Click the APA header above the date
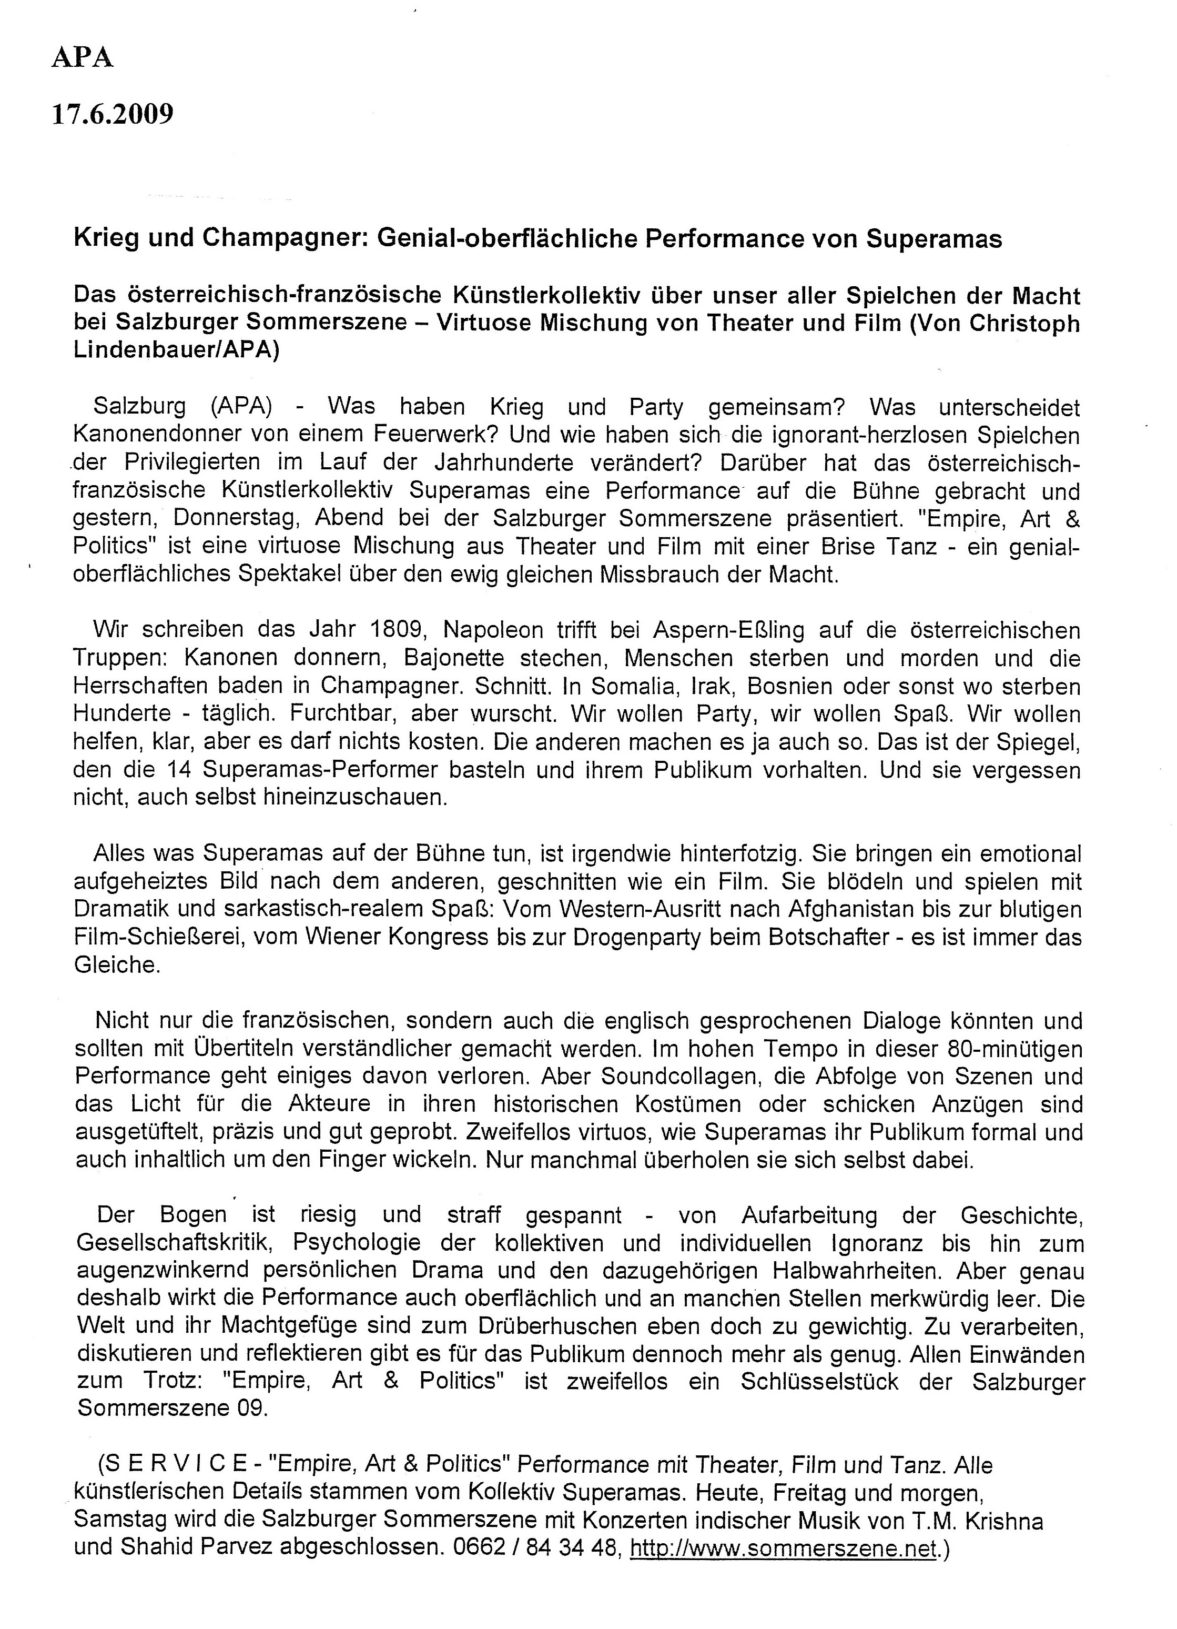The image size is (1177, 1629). [83, 57]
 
